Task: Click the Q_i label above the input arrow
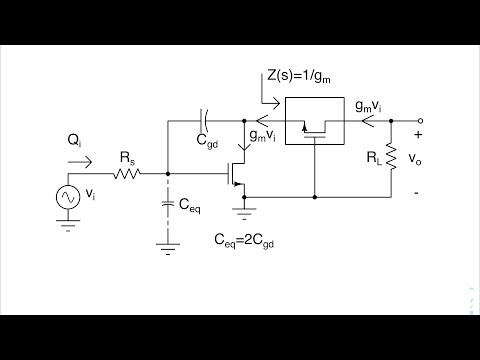point(76,140)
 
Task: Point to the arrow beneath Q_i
point(82,158)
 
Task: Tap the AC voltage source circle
point(71,199)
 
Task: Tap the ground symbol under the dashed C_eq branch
point(167,242)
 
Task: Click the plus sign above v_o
point(417,132)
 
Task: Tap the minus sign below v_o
point(417,184)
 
